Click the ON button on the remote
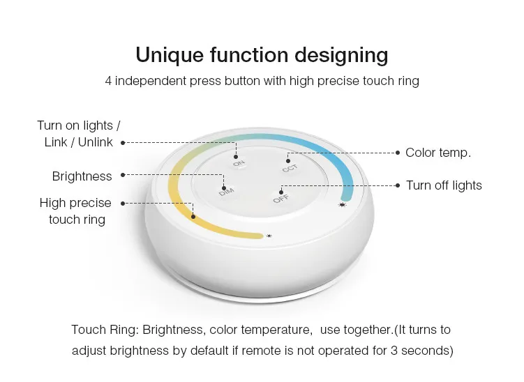click(239, 164)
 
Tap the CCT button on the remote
click(290, 168)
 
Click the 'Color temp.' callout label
click(438, 153)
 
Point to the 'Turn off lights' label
click(444, 185)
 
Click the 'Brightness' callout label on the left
click(82, 176)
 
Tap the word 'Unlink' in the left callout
click(96, 142)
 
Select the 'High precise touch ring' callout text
click(75, 211)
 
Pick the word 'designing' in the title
click(341, 55)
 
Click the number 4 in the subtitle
click(108, 81)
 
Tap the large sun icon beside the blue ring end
click(342, 205)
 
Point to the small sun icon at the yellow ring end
click(269, 236)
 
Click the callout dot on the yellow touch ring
click(193, 217)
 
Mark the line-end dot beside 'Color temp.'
click(397, 153)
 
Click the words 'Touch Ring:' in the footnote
click(105, 330)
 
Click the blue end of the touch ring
click(347, 194)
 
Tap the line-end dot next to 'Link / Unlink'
click(123, 143)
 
